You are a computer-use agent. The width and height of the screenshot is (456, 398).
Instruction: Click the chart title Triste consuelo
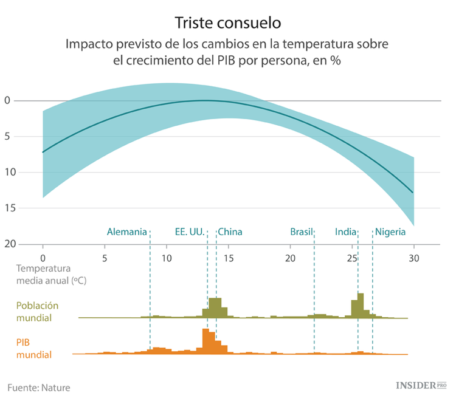coord(228,23)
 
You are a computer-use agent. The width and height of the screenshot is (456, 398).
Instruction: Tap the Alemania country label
coord(126,232)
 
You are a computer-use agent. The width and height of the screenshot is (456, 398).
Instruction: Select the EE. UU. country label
coord(188,232)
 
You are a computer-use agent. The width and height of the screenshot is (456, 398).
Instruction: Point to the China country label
coord(230,232)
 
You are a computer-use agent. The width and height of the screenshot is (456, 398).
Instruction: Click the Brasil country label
coord(301,232)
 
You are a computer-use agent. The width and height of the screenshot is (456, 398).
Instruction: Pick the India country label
coord(345,232)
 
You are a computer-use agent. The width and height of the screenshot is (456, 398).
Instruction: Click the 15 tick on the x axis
coord(229,257)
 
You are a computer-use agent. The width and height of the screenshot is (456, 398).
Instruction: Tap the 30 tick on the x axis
coord(413,257)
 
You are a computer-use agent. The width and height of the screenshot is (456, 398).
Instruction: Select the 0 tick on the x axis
coord(43,257)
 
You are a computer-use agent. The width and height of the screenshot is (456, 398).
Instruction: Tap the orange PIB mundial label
coord(34,348)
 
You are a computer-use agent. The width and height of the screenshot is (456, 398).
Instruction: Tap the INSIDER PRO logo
coord(421,385)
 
